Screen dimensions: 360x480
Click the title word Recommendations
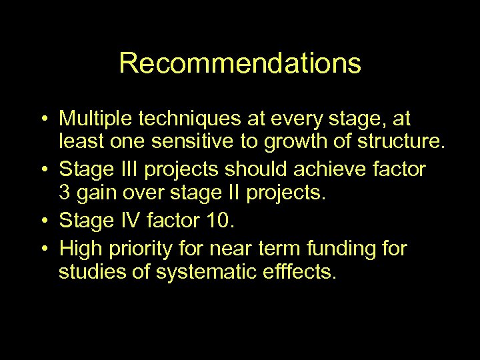240,64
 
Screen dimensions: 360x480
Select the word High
79,249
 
